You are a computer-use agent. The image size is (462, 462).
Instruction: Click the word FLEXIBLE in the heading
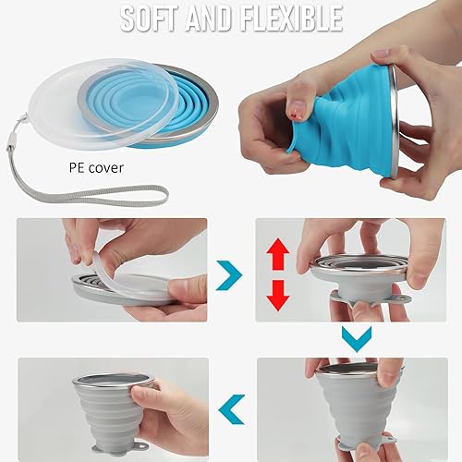click(286, 17)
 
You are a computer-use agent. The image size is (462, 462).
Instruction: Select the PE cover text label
click(96, 169)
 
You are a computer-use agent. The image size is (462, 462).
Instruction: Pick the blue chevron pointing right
click(229, 274)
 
